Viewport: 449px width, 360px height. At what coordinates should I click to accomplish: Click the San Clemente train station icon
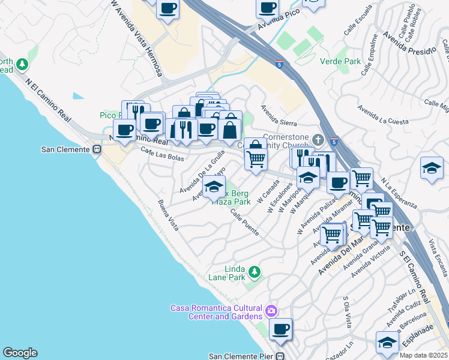coord(97,149)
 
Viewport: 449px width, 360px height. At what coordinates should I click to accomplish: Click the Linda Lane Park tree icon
coord(255,273)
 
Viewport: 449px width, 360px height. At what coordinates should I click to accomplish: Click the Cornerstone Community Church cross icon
coord(318,140)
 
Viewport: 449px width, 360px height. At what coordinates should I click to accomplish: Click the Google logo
coord(20,353)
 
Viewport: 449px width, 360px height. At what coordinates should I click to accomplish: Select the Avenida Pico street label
coord(278,25)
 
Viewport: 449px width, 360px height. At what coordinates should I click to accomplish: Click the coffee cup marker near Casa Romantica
coord(280,329)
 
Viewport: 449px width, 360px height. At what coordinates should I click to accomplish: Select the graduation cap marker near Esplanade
coord(387,343)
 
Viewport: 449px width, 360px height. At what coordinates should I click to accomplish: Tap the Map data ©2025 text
coord(422,355)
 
